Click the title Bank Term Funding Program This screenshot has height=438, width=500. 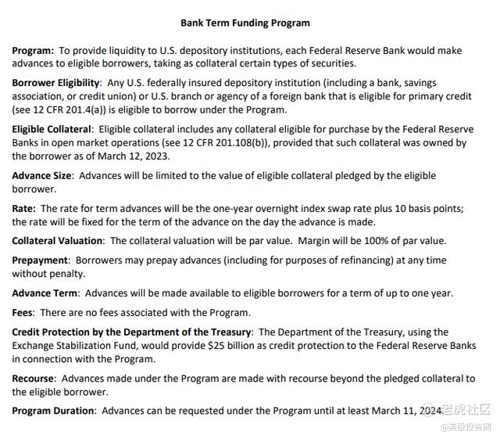245,23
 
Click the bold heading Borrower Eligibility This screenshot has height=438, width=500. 55,82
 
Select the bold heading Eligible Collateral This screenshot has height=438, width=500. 51,128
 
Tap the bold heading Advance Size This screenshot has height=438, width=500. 43,175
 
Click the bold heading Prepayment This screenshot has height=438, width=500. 40,260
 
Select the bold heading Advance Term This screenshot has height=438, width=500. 45,293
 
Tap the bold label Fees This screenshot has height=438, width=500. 23,313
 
